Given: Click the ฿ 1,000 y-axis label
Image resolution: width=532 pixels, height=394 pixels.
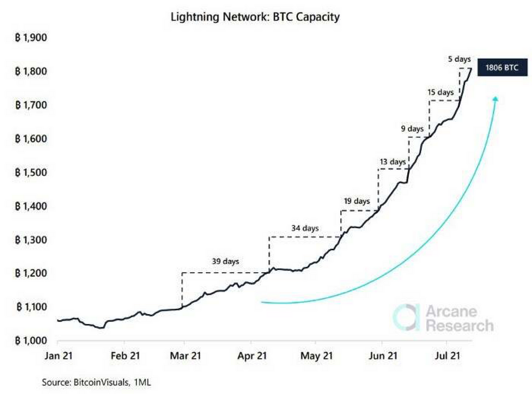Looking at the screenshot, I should click(31, 340).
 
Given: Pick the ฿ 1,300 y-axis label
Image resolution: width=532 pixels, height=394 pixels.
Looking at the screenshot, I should click(31, 240).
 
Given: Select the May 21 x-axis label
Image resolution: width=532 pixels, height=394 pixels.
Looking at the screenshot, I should click(317, 356).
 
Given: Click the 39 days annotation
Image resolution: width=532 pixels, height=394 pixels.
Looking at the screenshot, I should click(225, 262).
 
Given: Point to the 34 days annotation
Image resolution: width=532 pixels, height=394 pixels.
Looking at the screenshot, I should click(305, 228).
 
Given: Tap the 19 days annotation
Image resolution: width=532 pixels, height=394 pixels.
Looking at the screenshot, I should click(356, 201).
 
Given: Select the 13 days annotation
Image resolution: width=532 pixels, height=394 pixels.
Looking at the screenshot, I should click(392, 162).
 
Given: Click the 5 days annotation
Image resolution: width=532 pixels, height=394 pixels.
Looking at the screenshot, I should click(460, 60).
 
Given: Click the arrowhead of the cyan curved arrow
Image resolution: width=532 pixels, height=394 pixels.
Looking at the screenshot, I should click(495, 99).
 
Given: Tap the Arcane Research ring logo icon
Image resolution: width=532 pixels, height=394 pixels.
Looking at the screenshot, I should click(407, 318).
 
